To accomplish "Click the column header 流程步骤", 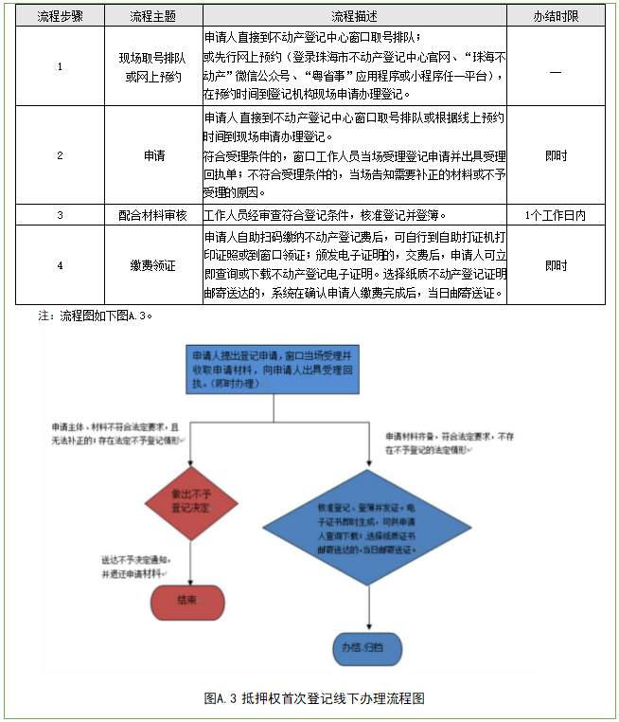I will (60, 17).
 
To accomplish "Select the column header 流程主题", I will (153, 17).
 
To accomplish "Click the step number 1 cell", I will (60, 66).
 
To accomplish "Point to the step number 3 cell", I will (60, 215).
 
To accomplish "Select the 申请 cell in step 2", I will (153, 156).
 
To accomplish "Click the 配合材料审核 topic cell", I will (153, 215).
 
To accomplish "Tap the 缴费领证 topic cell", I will (153, 265).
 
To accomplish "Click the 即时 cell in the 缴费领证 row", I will (557, 265).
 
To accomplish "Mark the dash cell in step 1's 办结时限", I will (557, 66).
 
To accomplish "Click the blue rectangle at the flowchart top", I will (274, 368).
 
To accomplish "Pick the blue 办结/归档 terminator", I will (366, 647).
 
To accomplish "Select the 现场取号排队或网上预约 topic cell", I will (153, 66).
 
